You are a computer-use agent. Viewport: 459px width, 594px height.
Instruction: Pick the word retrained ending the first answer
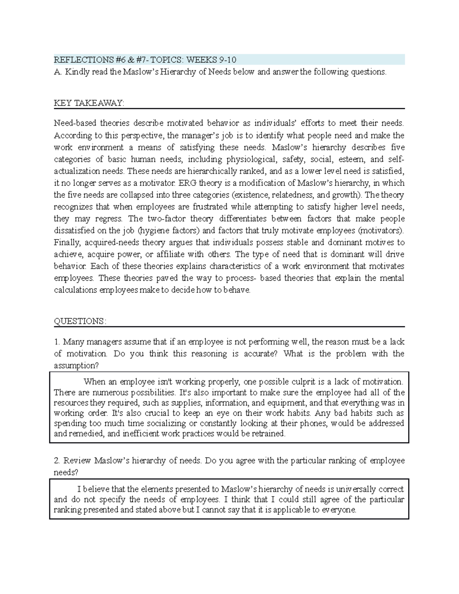click(270, 433)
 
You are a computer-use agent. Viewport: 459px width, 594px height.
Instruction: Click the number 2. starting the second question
click(57, 461)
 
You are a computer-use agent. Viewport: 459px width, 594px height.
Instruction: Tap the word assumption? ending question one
click(76, 365)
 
